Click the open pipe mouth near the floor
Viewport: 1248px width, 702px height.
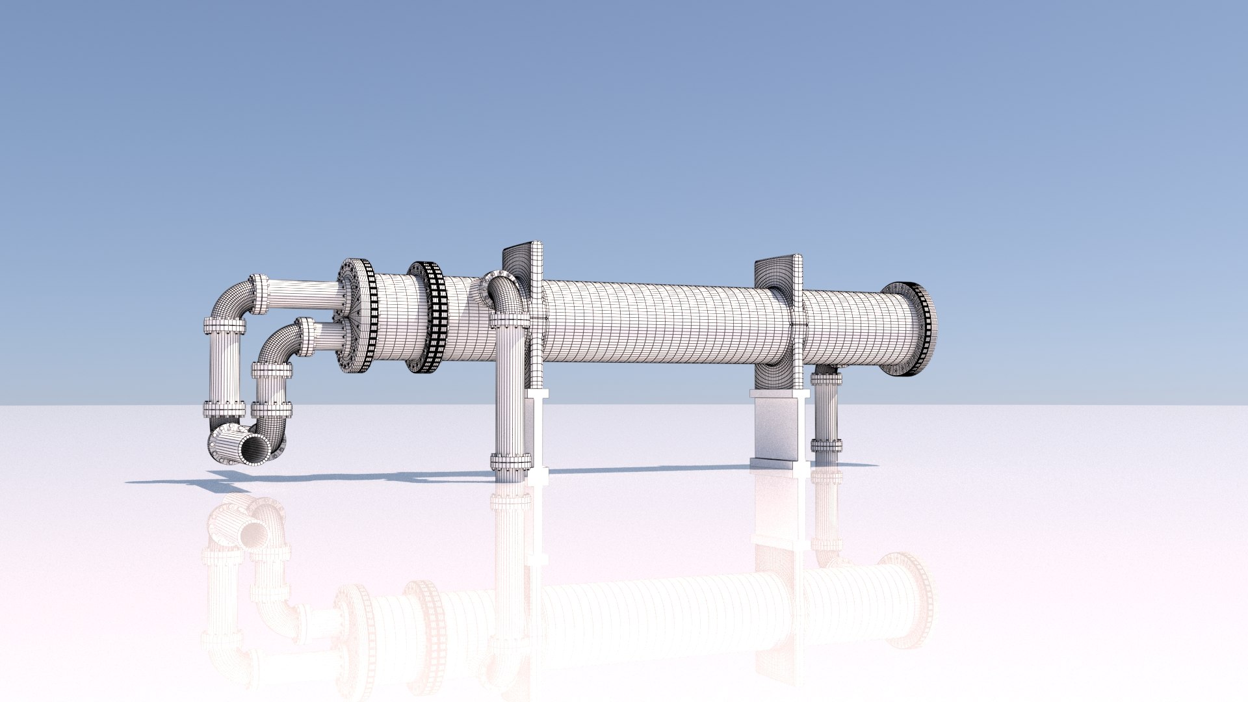pyautogui.click(x=255, y=449)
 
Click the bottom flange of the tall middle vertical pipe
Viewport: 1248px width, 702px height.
pyautogui.click(x=510, y=462)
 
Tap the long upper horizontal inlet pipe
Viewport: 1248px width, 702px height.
pyautogui.click(x=302, y=294)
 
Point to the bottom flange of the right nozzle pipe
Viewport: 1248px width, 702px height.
pyautogui.click(x=826, y=445)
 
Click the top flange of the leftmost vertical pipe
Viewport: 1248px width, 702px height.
pyautogui.click(x=225, y=325)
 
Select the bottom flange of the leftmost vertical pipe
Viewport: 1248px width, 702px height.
pyautogui.click(x=224, y=409)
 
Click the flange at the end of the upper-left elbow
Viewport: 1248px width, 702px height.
pyautogui.click(x=259, y=293)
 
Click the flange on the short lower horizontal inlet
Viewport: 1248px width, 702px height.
pyautogui.click(x=304, y=337)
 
